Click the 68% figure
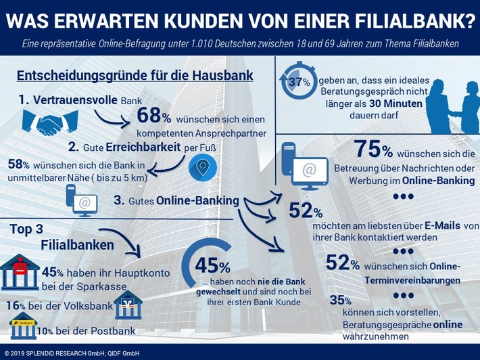(157, 115)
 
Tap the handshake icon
(50, 122)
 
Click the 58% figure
(19, 164)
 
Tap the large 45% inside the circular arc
(213, 267)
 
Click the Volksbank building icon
(128, 306)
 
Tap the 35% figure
(340, 300)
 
